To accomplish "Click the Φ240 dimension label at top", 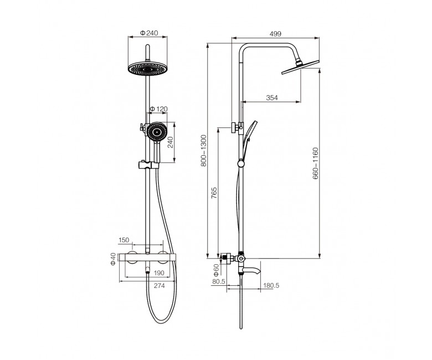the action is tap(149, 33).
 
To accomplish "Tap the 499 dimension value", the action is tap(275, 34).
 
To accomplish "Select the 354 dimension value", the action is tap(272, 98).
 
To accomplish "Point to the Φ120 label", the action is tap(158, 109).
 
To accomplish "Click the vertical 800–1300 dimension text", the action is tap(204, 151).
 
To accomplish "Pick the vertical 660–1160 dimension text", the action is tap(316, 163).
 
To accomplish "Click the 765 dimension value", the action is tap(214, 193).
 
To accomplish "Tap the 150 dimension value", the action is tap(124, 240).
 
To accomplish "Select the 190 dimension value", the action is tap(159, 273).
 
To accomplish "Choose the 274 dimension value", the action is tap(160, 286).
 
